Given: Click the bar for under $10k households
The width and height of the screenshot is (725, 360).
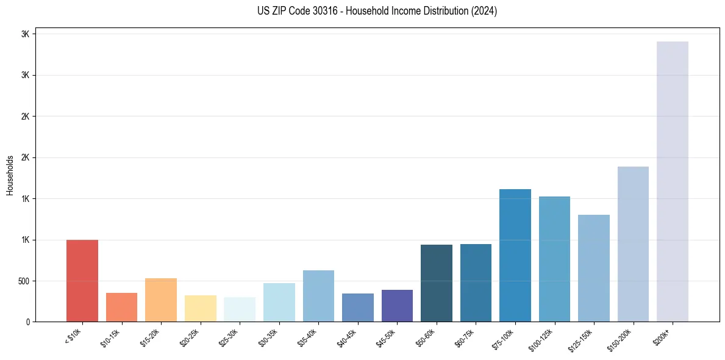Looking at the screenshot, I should pyautogui.click(x=82, y=281).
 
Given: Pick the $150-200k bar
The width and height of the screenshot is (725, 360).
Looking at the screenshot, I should pyautogui.click(x=633, y=244).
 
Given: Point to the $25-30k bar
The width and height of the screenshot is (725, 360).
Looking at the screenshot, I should pyautogui.click(x=240, y=309).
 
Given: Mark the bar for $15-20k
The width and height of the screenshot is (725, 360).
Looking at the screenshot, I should pyautogui.click(x=161, y=300).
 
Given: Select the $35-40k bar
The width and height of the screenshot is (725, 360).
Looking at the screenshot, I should pyautogui.click(x=318, y=296).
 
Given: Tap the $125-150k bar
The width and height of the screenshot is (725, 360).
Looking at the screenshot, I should pyautogui.click(x=594, y=268).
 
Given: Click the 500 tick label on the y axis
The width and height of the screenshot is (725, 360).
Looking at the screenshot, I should pyautogui.click(x=23, y=281).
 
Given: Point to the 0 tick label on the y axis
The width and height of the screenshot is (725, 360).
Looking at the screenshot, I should pyautogui.click(x=27, y=322).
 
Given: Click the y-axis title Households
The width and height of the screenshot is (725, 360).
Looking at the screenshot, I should pyautogui.click(x=10, y=175).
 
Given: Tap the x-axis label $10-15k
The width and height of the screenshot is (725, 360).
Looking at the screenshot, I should pyautogui.click(x=110, y=337).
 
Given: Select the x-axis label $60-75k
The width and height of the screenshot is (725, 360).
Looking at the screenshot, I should pyautogui.click(x=465, y=337).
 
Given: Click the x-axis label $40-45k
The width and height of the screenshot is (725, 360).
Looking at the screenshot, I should pyautogui.click(x=346, y=337).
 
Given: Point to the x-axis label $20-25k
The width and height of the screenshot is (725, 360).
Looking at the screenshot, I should pyautogui.click(x=189, y=337).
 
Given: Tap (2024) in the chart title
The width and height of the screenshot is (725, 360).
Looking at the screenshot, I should pyautogui.click(x=484, y=11).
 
